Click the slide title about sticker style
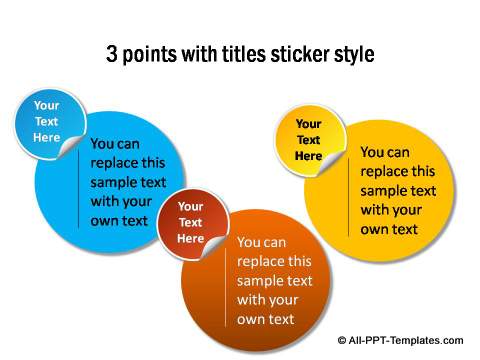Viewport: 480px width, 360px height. click(240, 55)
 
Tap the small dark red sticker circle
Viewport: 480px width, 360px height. click(190, 222)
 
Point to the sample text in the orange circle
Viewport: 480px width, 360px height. click(274, 281)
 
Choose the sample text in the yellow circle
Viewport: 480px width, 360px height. click(398, 191)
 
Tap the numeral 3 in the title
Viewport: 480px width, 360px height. click(112, 55)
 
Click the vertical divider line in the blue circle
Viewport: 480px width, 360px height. click(79, 190)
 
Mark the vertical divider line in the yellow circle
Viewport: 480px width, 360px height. click(349, 200)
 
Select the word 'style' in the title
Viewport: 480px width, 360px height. click(355, 55)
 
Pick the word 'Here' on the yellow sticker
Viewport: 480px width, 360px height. click(308, 156)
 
